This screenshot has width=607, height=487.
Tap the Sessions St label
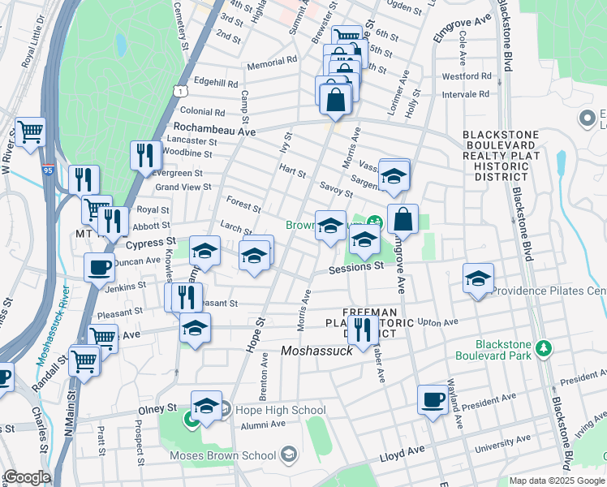click(355, 265)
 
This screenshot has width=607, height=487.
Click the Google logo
click(26, 477)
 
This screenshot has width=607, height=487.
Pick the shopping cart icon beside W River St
click(31, 131)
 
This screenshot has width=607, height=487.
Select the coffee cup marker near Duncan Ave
click(100, 267)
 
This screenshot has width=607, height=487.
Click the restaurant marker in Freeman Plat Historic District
click(363, 329)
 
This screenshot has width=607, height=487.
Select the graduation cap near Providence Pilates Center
click(478, 278)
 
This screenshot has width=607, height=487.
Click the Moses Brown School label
click(223, 455)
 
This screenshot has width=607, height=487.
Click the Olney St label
click(160, 407)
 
